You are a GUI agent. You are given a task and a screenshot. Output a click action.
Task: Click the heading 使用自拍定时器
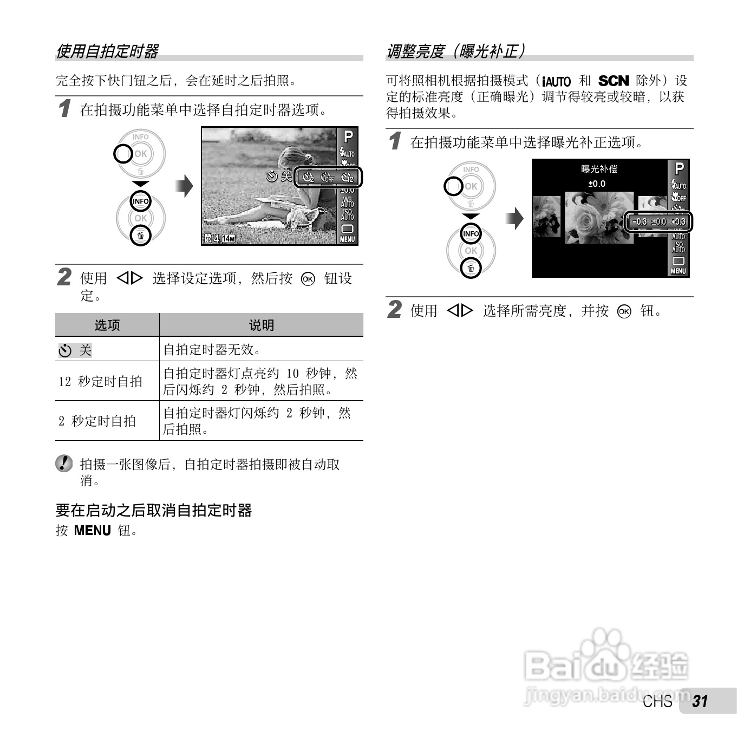click(x=107, y=51)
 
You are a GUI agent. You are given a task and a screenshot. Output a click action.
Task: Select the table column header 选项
click(x=107, y=325)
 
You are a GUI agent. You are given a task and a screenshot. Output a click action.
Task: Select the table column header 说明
click(x=261, y=325)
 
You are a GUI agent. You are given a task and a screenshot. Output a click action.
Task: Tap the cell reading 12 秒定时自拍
click(x=100, y=381)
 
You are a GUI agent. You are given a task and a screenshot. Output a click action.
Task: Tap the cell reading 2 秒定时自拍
click(x=97, y=421)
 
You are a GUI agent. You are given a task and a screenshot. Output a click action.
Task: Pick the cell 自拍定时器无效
click(x=212, y=349)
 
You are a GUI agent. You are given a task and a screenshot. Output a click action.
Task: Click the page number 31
click(x=700, y=701)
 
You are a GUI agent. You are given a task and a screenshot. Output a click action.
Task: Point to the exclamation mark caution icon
click(x=64, y=463)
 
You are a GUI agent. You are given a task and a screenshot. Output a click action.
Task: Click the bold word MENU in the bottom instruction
click(x=92, y=530)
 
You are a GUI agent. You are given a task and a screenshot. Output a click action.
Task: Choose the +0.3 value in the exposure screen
click(x=678, y=221)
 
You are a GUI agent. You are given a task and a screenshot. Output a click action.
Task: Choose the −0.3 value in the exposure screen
click(x=639, y=221)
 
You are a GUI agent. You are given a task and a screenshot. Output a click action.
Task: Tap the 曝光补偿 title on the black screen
click(x=599, y=169)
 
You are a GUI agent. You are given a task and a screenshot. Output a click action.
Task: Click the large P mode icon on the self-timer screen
click(x=348, y=137)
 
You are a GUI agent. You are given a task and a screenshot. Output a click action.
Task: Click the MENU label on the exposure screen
click(x=679, y=271)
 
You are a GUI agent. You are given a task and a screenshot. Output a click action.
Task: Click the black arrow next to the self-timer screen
click(x=185, y=186)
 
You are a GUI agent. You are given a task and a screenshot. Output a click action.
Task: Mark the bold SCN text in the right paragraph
click(x=614, y=81)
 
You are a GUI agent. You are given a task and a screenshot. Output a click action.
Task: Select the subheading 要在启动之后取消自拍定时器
click(x=154, y=510)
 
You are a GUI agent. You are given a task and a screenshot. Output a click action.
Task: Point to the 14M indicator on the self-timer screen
click(x=228, y=239)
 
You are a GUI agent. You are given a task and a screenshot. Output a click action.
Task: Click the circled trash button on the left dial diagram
click(x=141, y=236)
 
